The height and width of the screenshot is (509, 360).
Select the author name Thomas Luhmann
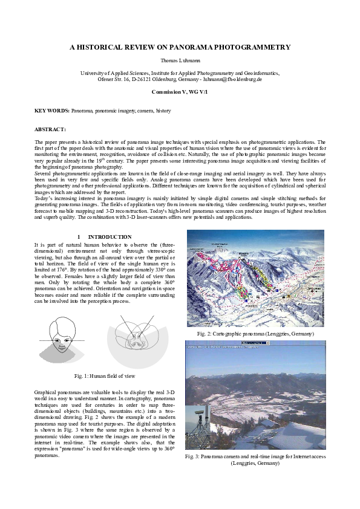(x=180, y=61)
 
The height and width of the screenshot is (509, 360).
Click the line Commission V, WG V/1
(x=180, y=91)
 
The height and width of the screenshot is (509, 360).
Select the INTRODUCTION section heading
(x=110, y=237)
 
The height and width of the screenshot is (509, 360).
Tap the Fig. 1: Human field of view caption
(x=105, y=376)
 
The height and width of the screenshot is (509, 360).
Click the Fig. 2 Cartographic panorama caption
(x=255, y=334)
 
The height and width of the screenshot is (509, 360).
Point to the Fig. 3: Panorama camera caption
(x=255, y=459)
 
